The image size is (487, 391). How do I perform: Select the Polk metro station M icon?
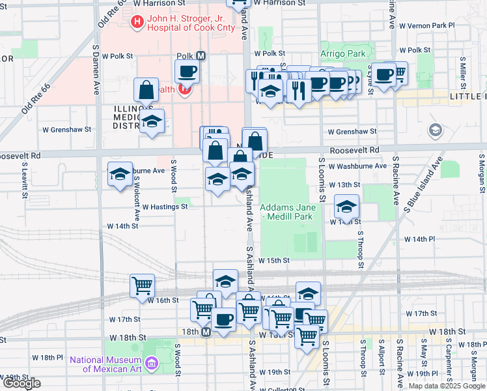pos(201,56)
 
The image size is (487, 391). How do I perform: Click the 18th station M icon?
pos(206,332)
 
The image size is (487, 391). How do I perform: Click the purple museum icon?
pos(152,362)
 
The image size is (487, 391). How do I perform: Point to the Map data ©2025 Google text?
pos(447,386)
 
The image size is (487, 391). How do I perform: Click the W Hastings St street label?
pos(165,207)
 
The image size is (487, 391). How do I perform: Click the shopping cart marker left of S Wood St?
pos(142,285)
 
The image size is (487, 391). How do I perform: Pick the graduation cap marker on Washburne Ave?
pos(120,174)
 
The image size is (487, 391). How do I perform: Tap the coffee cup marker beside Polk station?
pos(187,71)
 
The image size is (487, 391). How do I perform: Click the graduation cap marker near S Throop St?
pos(346,207)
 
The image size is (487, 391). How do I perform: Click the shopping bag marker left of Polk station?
pos(146,90)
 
